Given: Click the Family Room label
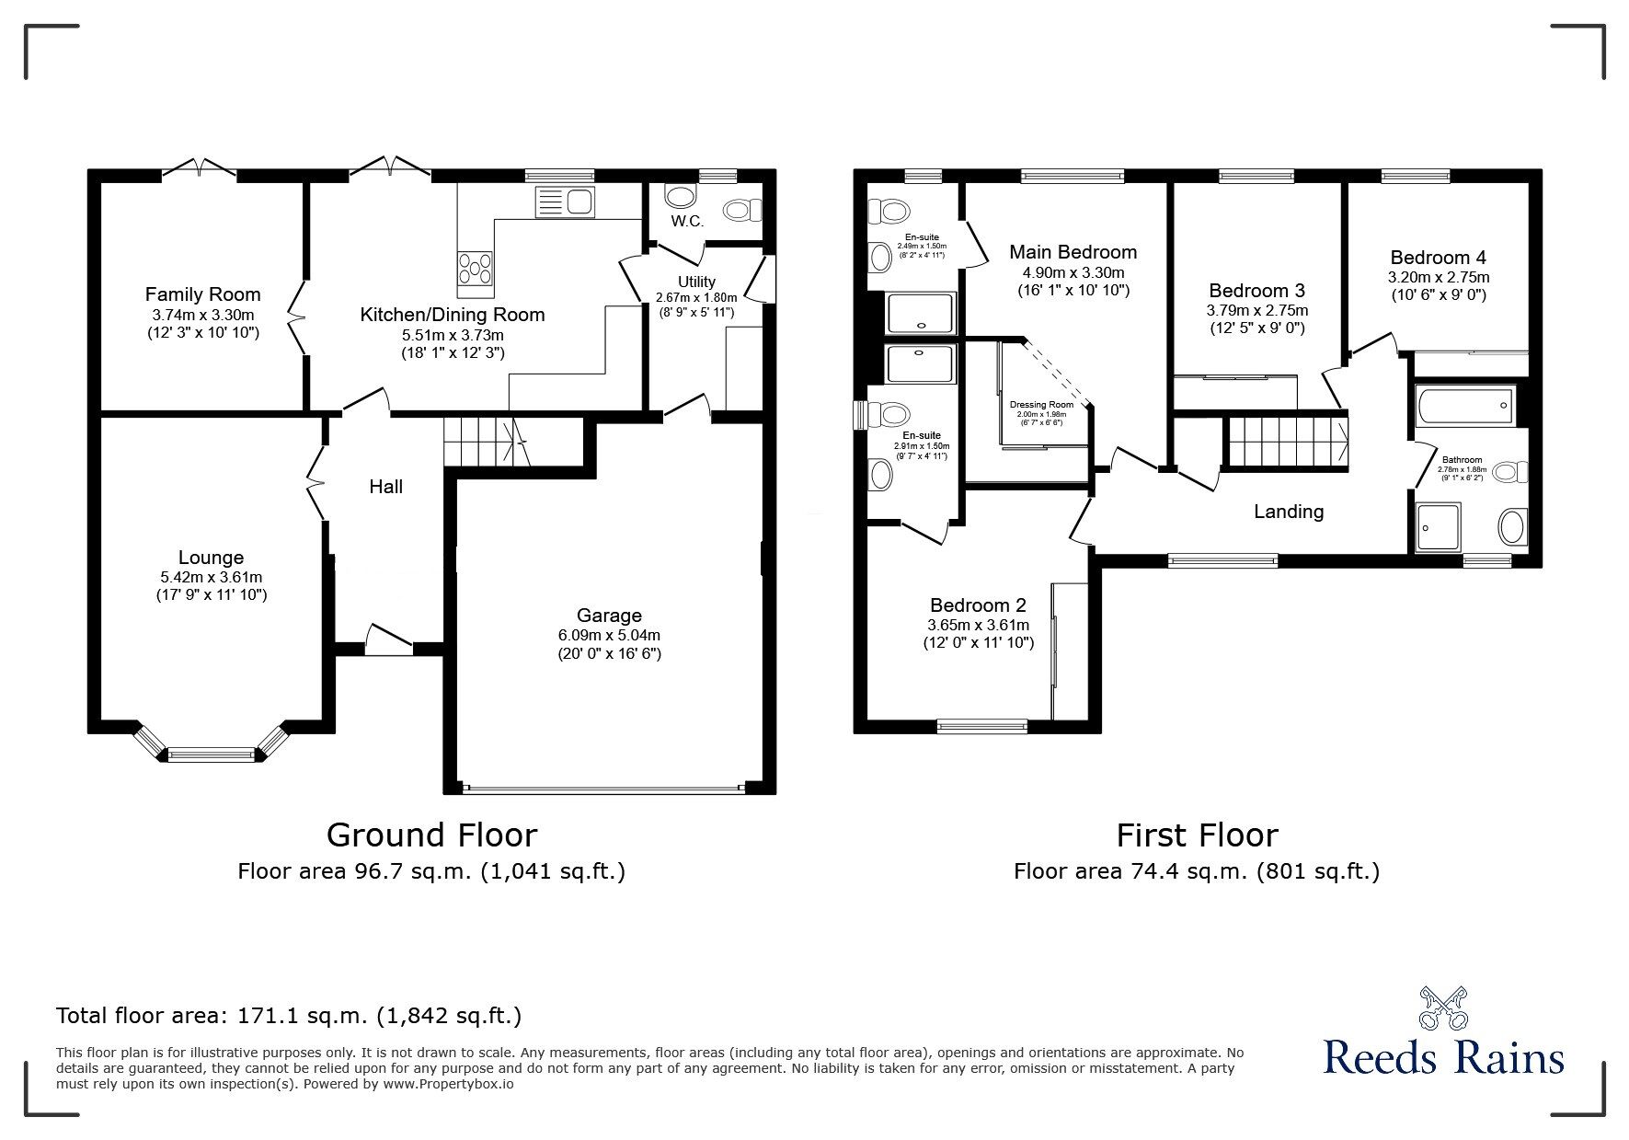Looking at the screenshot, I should click(x=202, y=294).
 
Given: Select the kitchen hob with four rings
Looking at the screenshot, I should click(x=475, y=268).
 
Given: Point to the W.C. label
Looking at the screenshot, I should click(x=687, y=222).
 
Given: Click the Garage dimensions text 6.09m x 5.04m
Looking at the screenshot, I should click(x=609, y=635).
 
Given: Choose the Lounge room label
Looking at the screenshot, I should click(x=211, y=558).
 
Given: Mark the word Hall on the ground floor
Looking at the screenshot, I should click(x=386, y=487).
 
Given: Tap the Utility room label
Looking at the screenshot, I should click(x=696, y=282).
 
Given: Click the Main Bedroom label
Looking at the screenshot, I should click(x=1073, y=252).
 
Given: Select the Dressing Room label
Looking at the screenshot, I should click(x=1041, y=405).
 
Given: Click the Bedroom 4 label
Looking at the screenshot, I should click(x=1438, y=258).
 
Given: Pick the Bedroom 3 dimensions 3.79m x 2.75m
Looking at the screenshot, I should click(x=1256, y=311).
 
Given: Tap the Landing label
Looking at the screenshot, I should click(x=1289, y=512).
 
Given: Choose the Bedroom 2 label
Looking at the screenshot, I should click(x=978, y=605).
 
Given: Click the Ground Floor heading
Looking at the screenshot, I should click(x=431, y=835).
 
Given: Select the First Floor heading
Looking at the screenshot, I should click(x=1197, y=835).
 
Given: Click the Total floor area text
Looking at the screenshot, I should click(x=289, y=1016).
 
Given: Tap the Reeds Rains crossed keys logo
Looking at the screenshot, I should click(x=1443, y=1008).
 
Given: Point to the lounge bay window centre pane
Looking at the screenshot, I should click(x=211, y=755).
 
